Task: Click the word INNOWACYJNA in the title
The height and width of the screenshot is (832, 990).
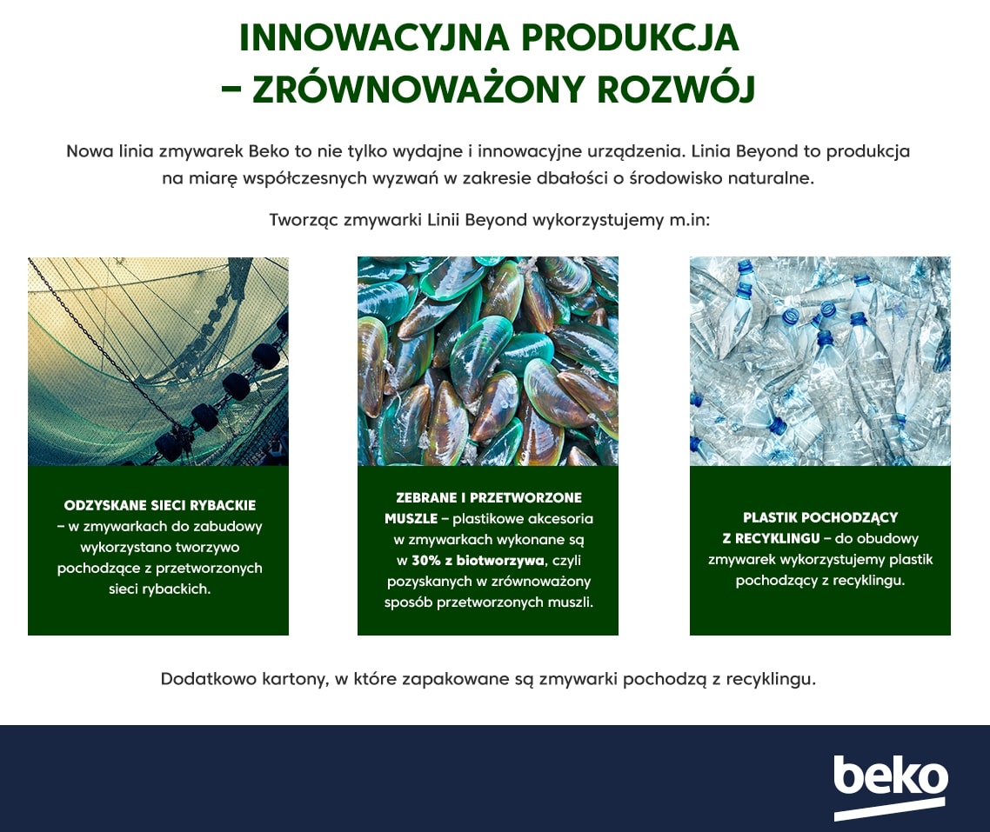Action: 374,38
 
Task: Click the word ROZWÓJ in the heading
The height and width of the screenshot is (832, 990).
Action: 676,89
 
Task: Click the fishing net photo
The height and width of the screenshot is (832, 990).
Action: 157,362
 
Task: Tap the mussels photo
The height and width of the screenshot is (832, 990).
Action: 487,362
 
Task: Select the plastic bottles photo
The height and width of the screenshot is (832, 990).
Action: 819,362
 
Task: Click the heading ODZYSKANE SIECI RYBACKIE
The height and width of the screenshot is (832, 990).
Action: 160,505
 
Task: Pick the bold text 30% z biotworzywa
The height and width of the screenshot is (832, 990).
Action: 478,560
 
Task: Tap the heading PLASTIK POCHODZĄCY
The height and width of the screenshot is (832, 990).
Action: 820,517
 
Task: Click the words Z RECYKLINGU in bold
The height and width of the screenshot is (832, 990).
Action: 771,538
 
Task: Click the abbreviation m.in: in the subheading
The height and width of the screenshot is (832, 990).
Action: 690,220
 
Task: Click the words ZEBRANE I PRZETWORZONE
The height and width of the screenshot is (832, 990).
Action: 489,497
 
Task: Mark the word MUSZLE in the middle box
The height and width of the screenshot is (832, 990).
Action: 411,518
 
